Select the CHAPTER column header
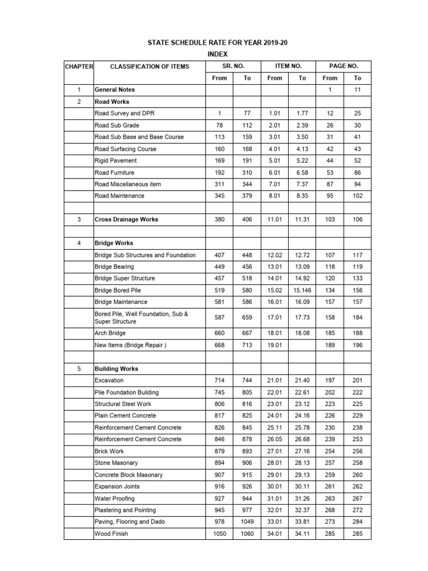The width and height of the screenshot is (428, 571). point(79,66)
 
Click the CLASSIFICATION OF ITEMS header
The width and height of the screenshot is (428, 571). point(149,66)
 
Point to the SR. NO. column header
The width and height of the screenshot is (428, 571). point(233,66)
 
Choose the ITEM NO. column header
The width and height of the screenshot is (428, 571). point(288,66)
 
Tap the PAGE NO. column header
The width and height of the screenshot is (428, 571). point(343,66)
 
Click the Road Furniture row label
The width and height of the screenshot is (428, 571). point(114,172)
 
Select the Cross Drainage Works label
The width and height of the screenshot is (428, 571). point(127,219)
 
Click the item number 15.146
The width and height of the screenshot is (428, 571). point(302,290)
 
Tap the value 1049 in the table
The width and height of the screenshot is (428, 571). point(247,521)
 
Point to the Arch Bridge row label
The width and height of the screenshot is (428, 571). point(110,333)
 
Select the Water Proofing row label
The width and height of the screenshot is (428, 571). point(114,498)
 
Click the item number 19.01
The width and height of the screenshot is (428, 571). point(275,345)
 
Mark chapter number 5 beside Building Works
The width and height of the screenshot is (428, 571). point(79,369)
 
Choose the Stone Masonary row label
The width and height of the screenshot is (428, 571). point(116,463)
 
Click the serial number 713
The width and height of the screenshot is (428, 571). point(247,345)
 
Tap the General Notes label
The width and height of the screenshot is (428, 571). point(115,89)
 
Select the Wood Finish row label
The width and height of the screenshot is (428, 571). point(111,534)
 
